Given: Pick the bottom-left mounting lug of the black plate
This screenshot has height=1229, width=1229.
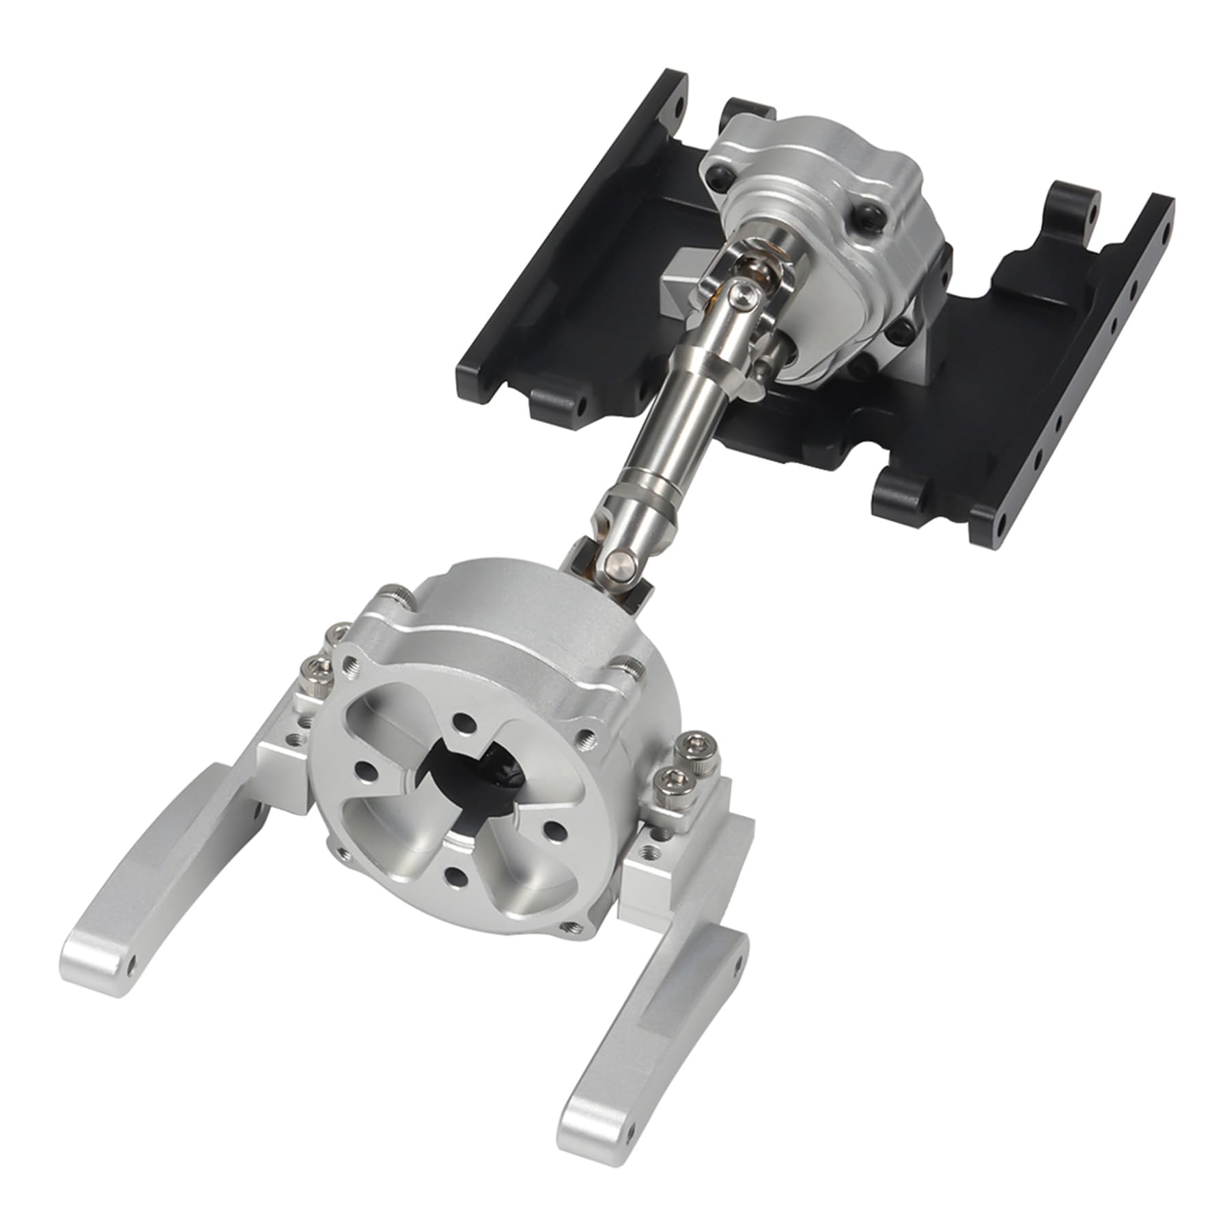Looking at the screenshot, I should (x=556, y=403).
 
